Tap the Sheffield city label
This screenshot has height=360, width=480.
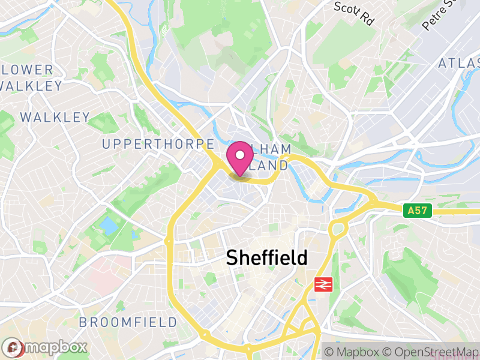coord(266,257)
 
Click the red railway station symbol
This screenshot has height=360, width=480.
coord(323,284)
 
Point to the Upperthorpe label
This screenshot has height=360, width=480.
coord(158,144)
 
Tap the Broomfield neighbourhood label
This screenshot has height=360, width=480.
coord(128,322)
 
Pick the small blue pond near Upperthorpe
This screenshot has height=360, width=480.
coord(109,226)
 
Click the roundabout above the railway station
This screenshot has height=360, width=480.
coord(337,228)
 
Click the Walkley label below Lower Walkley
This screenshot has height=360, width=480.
coord(55,117)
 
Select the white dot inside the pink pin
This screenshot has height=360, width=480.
coord(240,155)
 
